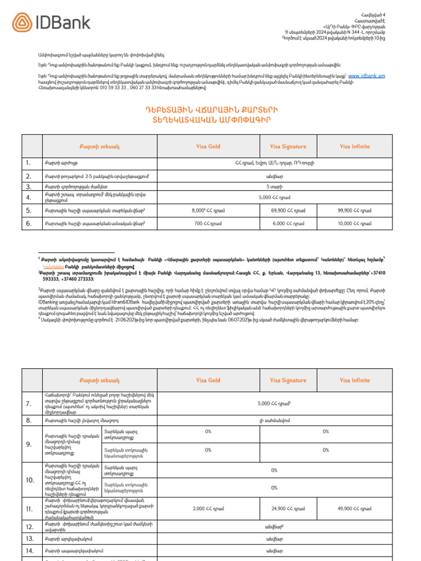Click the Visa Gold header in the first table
[208, 146]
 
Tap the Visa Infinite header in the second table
[355, 380]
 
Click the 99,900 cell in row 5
[355, 210]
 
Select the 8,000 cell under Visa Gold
[208, 210]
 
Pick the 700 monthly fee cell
[208, 224]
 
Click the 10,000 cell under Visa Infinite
[355, 224]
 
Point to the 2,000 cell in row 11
[208, 509]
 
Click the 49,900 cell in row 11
[355, 509]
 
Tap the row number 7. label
[29, 404]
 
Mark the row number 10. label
[30, 480]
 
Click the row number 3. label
[28, 187]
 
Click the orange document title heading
[210, 114]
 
